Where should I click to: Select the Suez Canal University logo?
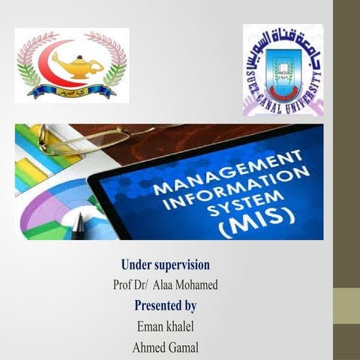(283, 69)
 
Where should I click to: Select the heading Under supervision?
(165, 265)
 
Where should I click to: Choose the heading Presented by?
(165, 305)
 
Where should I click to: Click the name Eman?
(150, 326)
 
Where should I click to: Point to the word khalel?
(181, 326)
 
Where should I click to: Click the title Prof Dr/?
(130, 285)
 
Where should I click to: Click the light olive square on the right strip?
(346, 306)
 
